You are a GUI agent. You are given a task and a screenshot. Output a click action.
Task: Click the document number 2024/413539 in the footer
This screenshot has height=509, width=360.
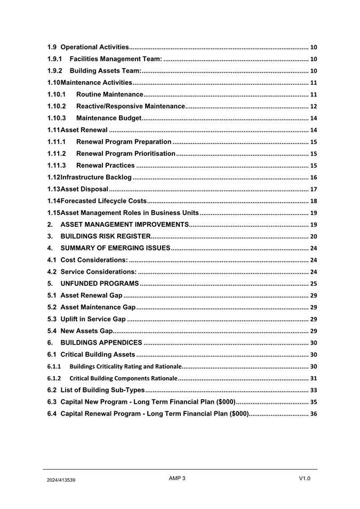coord(60,480)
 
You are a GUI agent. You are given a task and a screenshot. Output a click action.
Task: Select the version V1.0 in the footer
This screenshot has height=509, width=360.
coord(305,479)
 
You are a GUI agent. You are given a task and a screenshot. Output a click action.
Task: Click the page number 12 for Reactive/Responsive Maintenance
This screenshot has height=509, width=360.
coord(314,106)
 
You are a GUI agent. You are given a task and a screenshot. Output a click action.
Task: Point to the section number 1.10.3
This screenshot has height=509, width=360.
coord(57,118)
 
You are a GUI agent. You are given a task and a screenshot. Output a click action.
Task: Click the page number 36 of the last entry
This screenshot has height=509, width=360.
coord(314,414)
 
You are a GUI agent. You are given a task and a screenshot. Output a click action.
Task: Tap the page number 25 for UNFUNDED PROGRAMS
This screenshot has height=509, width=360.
coord(314,283)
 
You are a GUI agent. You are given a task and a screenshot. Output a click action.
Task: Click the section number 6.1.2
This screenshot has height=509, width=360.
coord(54,378)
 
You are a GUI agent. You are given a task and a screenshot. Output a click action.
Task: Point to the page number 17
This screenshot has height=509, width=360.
coord(314,189)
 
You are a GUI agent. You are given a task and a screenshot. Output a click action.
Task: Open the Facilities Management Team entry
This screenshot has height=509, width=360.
coord(116,59)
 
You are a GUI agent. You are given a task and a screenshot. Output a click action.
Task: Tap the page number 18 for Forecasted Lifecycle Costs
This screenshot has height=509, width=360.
coord(314,201)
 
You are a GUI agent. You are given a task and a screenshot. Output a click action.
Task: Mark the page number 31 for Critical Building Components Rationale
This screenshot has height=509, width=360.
coord(314,378)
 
